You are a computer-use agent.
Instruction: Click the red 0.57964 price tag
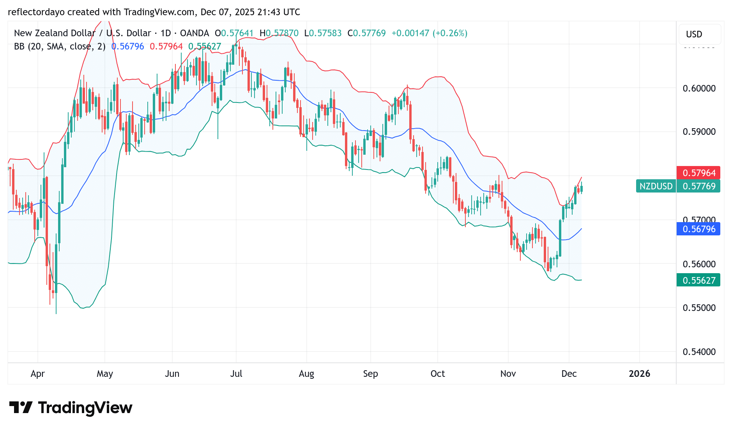point(698,173)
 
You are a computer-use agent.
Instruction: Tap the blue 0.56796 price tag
point(698,229)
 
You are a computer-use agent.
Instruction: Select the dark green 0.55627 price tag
point(698,280)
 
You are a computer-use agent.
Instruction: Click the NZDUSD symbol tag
point(656,186)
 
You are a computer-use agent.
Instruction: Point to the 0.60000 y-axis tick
point(699,88)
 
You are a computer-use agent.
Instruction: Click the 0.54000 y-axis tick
point(699,352)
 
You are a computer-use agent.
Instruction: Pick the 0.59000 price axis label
point(699,132)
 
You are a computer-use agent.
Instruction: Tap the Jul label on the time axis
point(236,374)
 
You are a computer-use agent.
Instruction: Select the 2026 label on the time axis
point(639,374)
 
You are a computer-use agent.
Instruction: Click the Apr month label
point(38,374)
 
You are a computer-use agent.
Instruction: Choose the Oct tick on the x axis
point(437,374)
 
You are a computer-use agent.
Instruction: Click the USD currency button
point(694,34)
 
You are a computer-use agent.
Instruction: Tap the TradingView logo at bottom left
point(71,408)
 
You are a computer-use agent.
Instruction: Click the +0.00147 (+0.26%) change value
point(429,33)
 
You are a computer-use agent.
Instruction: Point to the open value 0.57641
point(237,33)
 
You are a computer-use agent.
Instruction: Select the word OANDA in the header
point(194,33)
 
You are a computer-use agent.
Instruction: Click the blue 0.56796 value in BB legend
point(127,46)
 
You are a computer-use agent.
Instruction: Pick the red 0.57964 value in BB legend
point(166,46)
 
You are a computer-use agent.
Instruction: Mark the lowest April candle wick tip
point(56,313)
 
